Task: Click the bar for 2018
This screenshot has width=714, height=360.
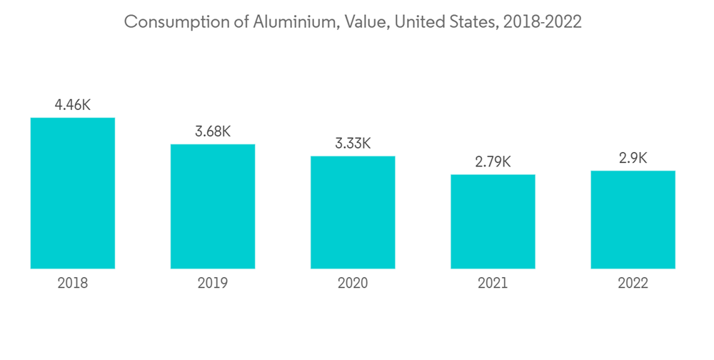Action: click(x=73, y=193)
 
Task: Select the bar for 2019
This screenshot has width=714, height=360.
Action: click(x=212, y=206)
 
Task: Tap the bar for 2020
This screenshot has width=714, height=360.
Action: click(x=353, y=212)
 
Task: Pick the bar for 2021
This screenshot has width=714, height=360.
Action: click(x=493, y=221)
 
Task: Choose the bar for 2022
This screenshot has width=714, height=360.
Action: click(x=633, y=220)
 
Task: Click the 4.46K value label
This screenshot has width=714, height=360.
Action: click(x=73, y=105)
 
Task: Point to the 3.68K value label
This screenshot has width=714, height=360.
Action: click(x=212, y=132)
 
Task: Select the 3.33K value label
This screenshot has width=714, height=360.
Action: click(x=353, y=144)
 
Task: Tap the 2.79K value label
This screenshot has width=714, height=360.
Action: click(x=493, y=162)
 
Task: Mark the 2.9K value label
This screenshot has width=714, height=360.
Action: click(x=633, y=159)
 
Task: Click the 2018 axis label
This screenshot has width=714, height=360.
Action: click(x=73, y=284)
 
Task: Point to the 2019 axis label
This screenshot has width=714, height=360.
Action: click(x=212, y=284)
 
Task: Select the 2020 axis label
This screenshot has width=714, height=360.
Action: click(x=353, y=284)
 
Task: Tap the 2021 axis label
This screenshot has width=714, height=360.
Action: click(x=493, y=284)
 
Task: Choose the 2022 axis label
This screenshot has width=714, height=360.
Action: click(x=633, y=284)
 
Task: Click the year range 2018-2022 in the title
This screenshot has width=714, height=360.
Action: click(x=543, y=22)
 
